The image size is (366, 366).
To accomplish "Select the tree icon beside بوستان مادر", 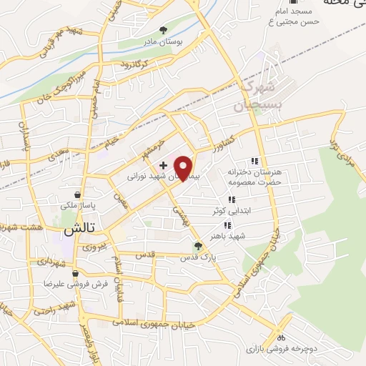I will pyautogui.click(x=164, y=30).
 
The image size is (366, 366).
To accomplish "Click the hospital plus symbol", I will pyautogui.click(x=164, y=165).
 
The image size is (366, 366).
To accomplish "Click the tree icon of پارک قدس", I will pyautogui.click(x=198, y=246).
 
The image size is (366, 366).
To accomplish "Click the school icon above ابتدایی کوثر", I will pyautogui.click(x=231, y=200).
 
